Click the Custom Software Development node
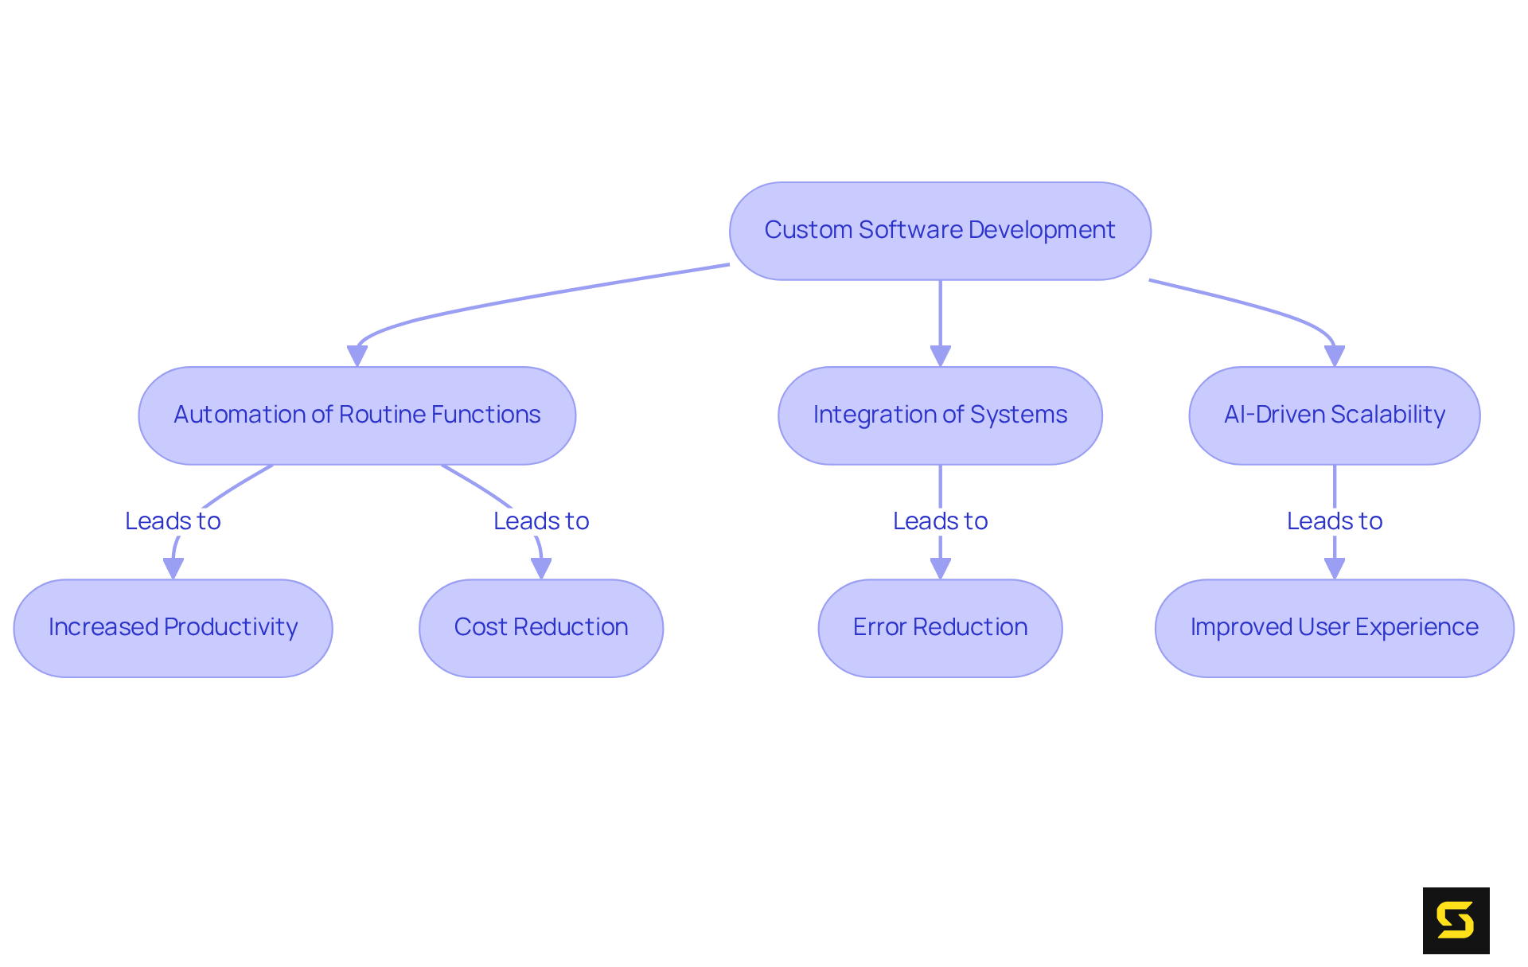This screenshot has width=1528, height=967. tap(940, 231)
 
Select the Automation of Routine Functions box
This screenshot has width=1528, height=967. tap(357, 415)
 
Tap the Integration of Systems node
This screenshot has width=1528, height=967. tap(940, 415)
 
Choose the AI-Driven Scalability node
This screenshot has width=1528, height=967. tap(1334, 415)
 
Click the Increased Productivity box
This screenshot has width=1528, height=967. tap(173, 628)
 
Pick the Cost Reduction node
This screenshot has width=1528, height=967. tap(541, 628)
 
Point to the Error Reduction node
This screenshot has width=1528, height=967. tap(940, 628)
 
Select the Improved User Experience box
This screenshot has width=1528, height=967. tap(1334, 628)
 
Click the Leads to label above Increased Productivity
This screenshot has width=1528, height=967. tap(173, 521)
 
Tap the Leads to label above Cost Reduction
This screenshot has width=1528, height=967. tap(541, 521)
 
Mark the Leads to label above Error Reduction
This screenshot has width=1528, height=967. tap(940, 521)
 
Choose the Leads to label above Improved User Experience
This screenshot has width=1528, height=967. tap(1334, 521)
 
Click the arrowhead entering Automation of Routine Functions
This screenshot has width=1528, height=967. tap(357, 355)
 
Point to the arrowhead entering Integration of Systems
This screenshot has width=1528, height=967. tap(940, 355)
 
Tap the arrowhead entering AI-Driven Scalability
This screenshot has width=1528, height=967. tap(1334, 355)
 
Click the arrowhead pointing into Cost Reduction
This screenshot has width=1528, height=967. tap(541, 567)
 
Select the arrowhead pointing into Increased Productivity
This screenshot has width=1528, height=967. tap(173, 567)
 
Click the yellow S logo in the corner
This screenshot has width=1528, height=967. tap(1456, 920)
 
